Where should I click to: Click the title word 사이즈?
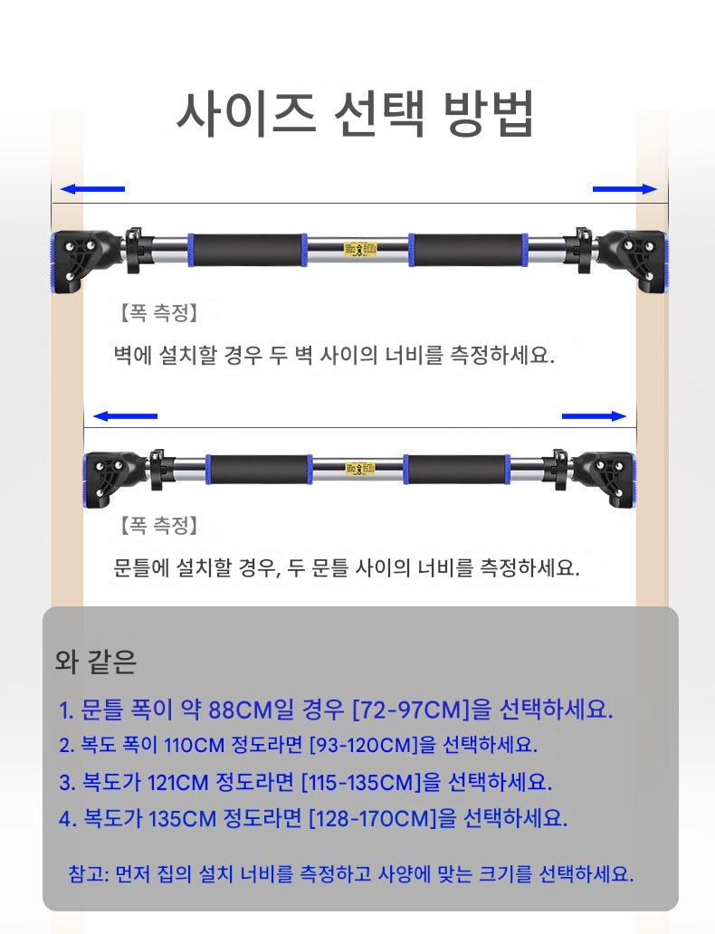(x=246, y=114)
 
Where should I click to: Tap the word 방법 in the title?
(x=488, y=114)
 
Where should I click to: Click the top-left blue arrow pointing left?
(x=92, y=189)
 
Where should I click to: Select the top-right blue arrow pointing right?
(x=624, y=189)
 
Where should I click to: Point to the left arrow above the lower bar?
(x=125, y=416)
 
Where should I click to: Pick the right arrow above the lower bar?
(x=594, y=416)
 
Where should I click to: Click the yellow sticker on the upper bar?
(x=360, y=250)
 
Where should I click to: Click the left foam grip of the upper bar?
(x=247, y=250)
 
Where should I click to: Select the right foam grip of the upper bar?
(x=468, y=250)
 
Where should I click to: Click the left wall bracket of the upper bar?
(x=83, y=261)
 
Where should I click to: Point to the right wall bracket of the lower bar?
(x=603, y=479)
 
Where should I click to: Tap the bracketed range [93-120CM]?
(x=364, y=745)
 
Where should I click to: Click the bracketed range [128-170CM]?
(x=373, y=818)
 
